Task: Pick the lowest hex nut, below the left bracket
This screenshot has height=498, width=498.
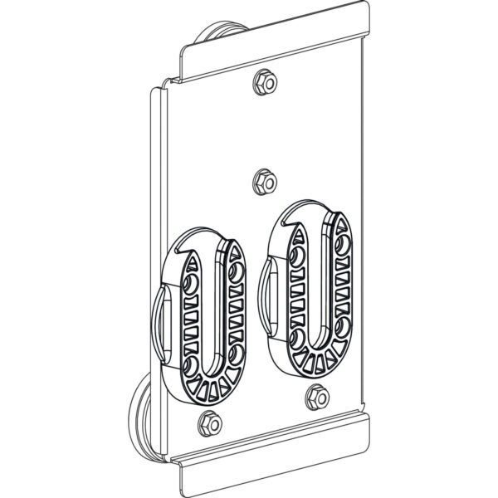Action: point(210,424)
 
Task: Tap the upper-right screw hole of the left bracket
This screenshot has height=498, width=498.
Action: point(238,273)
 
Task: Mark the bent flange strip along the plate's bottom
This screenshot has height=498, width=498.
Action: point(274,452)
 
